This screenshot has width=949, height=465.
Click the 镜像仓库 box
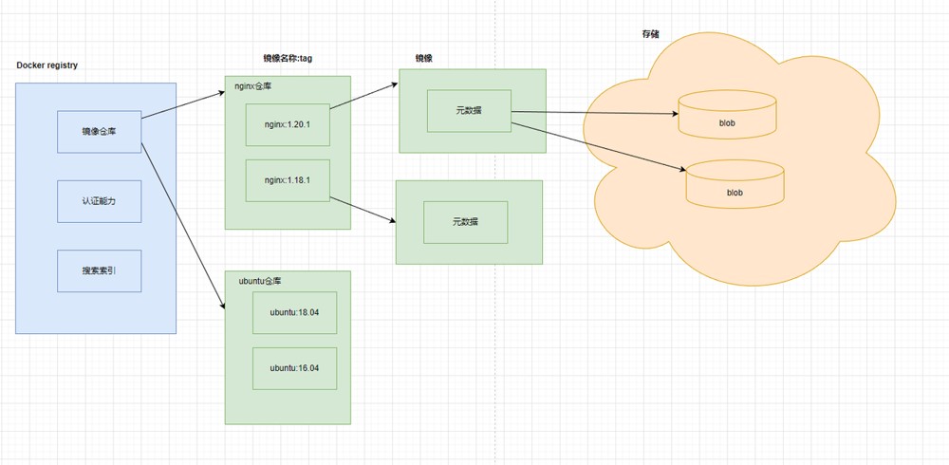[100, 131]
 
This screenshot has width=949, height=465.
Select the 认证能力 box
[100, 201]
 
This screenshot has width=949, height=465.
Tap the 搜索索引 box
[100, 270]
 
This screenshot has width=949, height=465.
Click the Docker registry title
[47, 65]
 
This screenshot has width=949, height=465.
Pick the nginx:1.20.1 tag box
[288, 124]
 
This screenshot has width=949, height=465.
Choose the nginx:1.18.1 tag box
[288, 180]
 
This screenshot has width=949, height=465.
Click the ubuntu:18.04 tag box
[295, 312]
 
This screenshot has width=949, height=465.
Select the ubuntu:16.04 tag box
[295, 368]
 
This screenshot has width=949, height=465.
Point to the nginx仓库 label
[253, 86]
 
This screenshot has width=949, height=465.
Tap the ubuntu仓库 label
[260, 281]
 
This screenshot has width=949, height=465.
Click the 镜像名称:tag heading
[288, 58]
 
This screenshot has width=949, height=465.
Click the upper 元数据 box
[469, 111]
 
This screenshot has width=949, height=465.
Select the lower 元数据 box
[465, 222]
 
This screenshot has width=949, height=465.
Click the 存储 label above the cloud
[651, 34]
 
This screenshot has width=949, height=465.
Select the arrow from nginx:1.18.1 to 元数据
[362, 210]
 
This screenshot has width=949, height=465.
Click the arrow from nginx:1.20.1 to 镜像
[363, 96]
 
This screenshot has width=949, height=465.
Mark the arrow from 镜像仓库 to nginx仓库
[183, 105]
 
